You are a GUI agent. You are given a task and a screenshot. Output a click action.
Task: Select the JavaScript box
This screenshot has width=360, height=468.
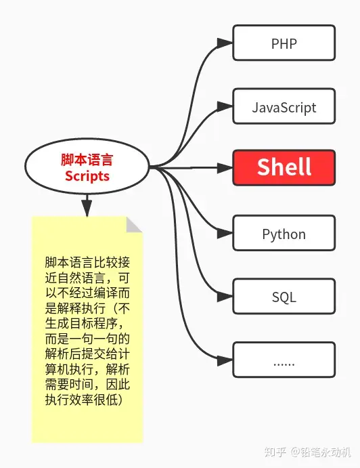(x=284, y=107)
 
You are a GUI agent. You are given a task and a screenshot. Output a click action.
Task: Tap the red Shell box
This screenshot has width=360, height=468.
(x=284, y=167)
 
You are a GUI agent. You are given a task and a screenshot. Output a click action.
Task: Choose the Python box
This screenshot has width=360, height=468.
(x=284, y=234)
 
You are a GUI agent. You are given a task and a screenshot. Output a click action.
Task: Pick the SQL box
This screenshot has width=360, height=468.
(x=284, y=297)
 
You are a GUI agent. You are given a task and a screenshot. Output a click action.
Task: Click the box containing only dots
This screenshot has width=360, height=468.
(x=284, y=360)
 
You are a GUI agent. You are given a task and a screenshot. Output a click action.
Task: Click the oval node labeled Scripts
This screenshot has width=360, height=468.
(x=87, y=167)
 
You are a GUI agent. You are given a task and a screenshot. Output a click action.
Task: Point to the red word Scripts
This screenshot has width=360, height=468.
(x=87, y=176)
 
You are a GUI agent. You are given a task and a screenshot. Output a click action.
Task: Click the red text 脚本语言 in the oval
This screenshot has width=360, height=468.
(x=87, y=160)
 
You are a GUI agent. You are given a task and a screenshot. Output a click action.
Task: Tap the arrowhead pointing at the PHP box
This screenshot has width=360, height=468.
(x=225, y=43)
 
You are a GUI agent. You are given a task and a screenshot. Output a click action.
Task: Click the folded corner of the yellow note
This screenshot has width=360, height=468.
(x=134, y=225)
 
